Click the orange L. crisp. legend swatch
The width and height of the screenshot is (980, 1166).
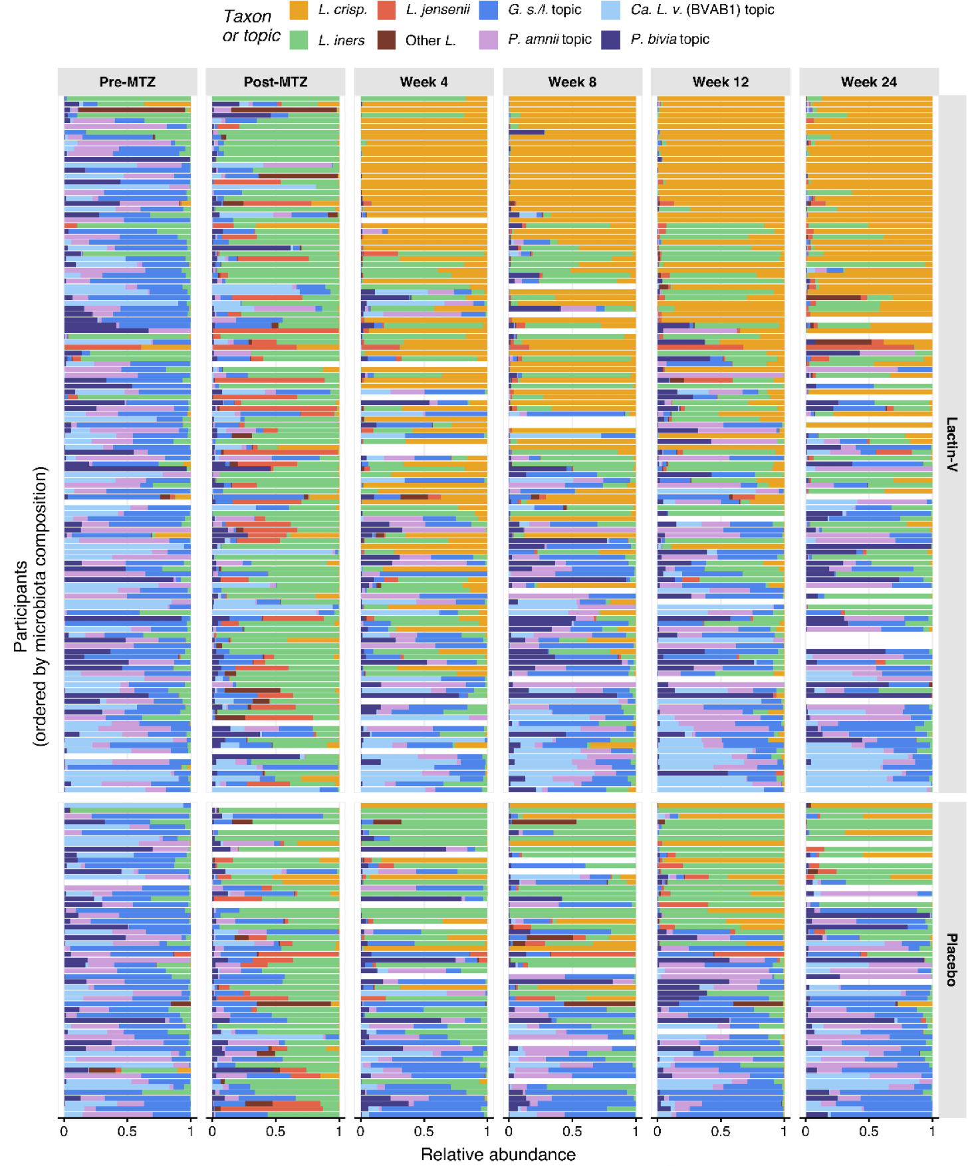pos(299,10)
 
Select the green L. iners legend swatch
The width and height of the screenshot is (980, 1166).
pos(299,40)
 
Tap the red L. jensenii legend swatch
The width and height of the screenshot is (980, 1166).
pos(387,10)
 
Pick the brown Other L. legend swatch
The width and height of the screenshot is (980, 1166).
pos(387,40)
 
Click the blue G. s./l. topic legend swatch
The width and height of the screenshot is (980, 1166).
pos(489,10)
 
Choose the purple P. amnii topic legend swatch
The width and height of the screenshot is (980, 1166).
pos(489,40)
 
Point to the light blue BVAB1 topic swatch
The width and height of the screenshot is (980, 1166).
pos(611,10)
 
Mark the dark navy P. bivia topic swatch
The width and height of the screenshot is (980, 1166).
pos(611,40)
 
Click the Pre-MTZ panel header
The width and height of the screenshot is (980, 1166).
pos(127,82)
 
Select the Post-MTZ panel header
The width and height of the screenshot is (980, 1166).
pos(275,82)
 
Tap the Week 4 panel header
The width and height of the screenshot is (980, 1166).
pos(424,82)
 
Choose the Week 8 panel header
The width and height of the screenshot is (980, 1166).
pos(572,82)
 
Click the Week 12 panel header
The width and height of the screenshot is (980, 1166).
pos(720,82)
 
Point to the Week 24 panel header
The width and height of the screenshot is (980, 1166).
pos(868,82)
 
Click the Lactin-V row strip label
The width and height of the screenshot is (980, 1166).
pos(952,444)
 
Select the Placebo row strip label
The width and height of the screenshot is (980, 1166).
pos(952,959)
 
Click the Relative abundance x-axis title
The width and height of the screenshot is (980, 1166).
pos(498,1154)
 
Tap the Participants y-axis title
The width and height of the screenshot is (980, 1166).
pos(31,605)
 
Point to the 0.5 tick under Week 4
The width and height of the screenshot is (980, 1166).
pos(424,1131)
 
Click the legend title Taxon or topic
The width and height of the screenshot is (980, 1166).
pos(251,26)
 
